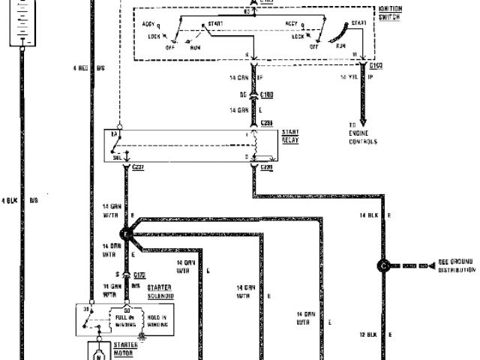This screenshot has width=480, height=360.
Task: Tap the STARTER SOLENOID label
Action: coord(161,291)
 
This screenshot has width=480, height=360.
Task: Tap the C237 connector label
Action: coord(136,168)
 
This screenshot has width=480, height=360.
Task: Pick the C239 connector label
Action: coord(267,168)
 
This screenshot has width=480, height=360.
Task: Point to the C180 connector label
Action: coord(266,96)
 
